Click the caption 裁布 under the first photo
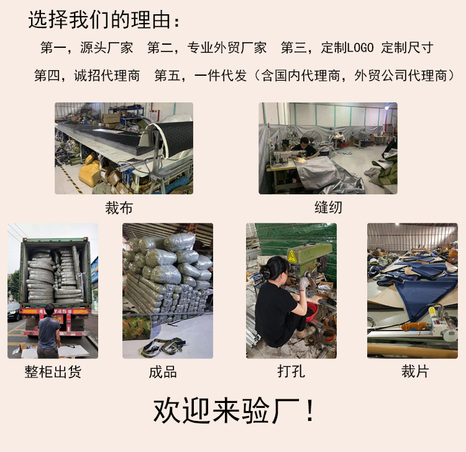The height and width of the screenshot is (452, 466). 119,207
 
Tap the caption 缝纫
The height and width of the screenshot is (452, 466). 328,207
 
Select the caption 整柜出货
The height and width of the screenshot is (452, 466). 53,372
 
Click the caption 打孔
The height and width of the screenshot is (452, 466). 291,372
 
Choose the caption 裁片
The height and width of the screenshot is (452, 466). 415,372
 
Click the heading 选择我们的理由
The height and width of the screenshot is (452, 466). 106,20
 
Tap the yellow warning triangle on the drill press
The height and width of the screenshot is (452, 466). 291,256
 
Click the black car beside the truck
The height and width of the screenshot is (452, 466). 14,311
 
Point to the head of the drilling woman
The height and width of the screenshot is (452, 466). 274,268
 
